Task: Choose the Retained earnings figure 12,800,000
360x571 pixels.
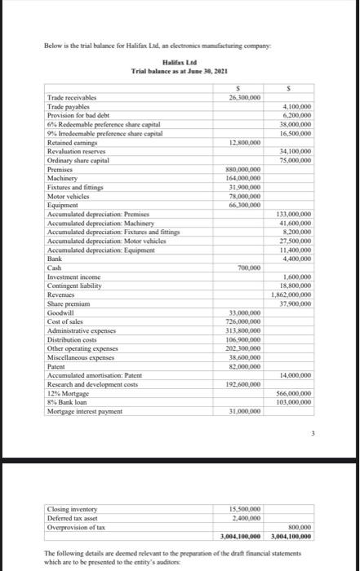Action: [x=244, y=142]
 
